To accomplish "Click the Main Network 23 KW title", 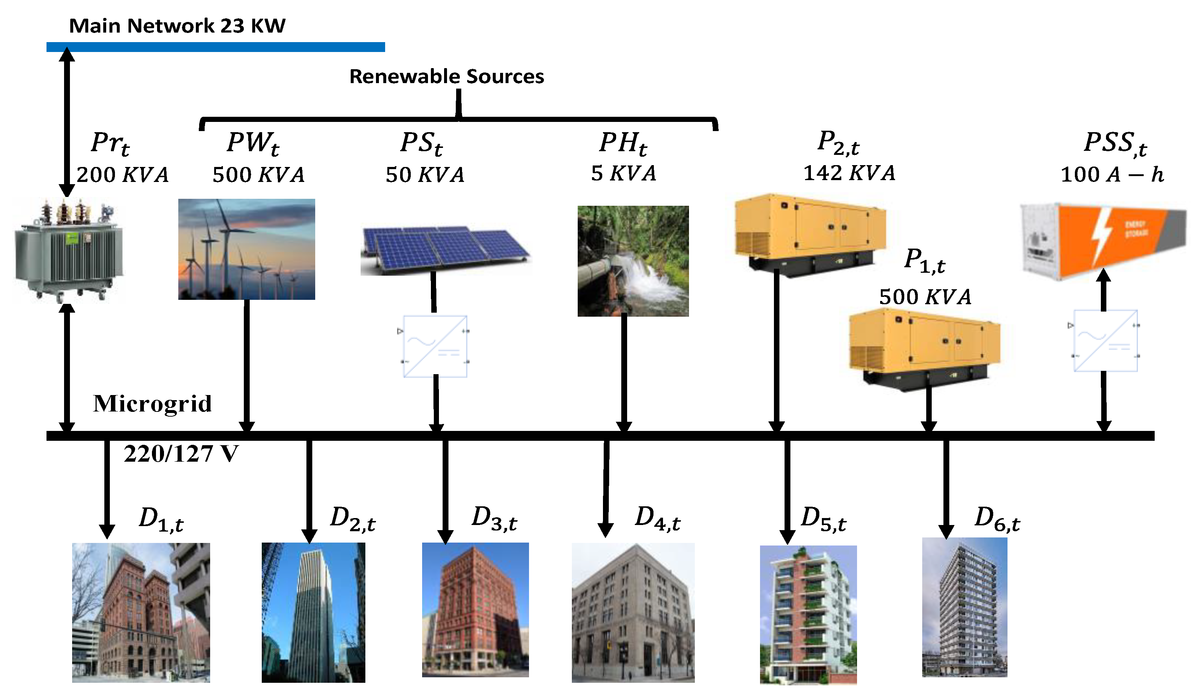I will pos(177,26).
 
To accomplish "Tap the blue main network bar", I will pos(215,47).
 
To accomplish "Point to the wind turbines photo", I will pos(246,249).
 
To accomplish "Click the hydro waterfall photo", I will pos(633,261).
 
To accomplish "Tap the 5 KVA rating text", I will pos(623,173).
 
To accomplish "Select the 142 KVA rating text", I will pos(849,173).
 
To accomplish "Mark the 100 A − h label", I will pos(1112,174).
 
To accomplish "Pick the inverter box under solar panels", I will pos(435,346).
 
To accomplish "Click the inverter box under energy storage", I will pos(1105,340).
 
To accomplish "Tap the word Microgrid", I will pos(152,403).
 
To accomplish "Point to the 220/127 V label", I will pos(181,454).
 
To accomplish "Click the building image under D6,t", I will pos(964,607).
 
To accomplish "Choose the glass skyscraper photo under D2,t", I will pos(313,612).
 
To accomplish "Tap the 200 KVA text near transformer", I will pos(122,175).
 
